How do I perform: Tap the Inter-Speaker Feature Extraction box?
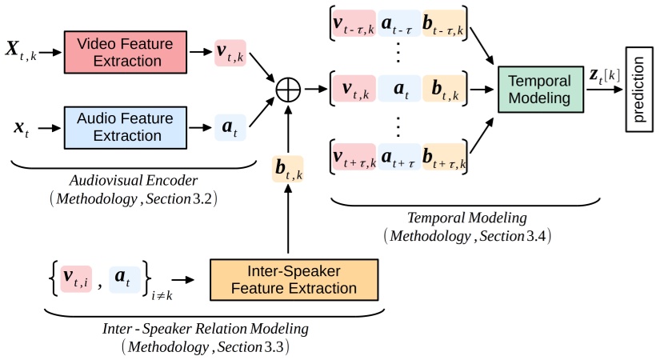click(294, 279)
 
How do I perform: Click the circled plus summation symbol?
click(287, 89)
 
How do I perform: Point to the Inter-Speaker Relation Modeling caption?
click(206, 329)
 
